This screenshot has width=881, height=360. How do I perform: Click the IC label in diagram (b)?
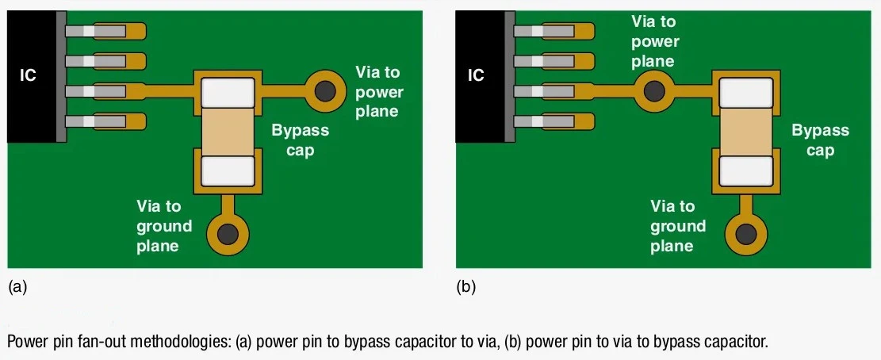(x=475, y=75)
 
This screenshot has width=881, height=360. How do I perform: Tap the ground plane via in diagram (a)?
(x=228, y=234)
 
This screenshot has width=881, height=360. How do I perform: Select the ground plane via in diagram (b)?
(x=745, y=234)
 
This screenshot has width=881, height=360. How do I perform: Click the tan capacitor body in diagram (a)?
(x=228, y=132)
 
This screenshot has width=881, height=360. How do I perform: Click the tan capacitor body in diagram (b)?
(x=745, y=132)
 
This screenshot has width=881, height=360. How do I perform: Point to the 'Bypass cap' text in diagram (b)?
(x=820, y=140)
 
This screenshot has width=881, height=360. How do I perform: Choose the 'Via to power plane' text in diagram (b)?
(x=654, y=41)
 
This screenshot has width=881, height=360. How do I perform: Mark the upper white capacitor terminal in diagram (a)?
(x=228, y=92)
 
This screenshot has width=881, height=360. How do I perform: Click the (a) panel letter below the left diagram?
(x=17, y=287)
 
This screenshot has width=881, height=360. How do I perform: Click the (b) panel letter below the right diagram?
(x=466, y=287)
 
